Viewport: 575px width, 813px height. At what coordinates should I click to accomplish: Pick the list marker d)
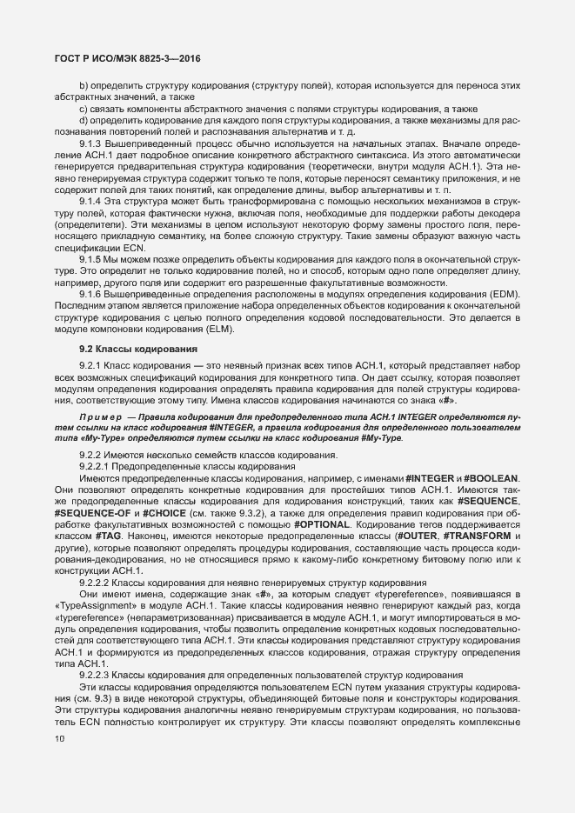[84, 119]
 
